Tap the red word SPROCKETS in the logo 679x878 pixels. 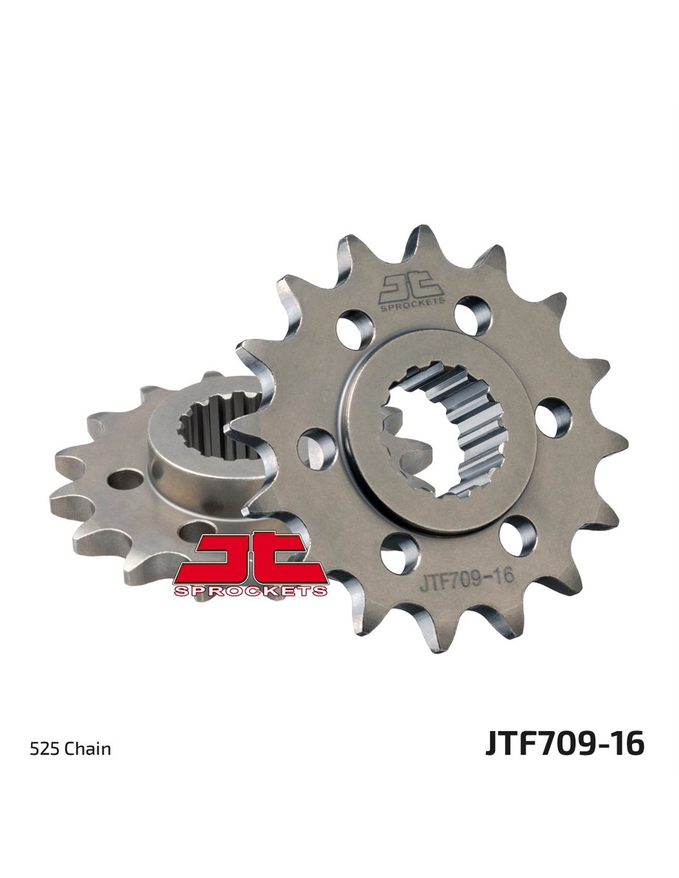tap(251, 591)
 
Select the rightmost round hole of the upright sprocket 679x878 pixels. tap(553, 417)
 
